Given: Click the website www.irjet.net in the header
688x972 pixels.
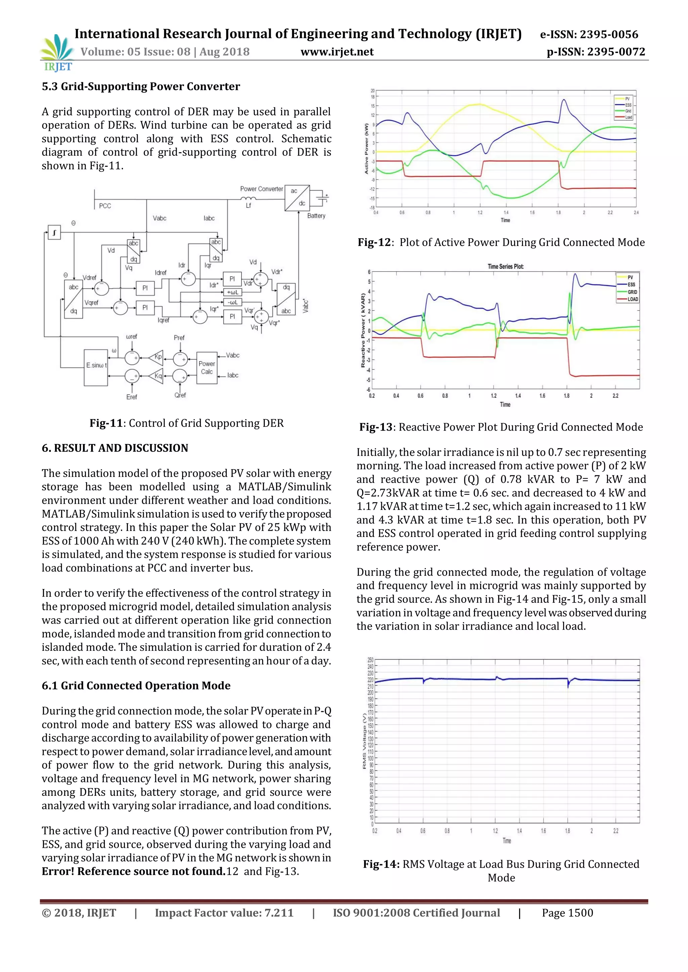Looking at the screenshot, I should point(337,52).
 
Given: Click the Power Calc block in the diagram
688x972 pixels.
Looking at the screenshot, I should point(207,368).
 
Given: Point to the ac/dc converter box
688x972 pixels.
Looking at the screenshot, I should point(297,197).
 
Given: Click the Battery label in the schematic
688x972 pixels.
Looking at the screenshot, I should point(316,215).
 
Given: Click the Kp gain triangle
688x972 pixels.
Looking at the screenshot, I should point(157,357).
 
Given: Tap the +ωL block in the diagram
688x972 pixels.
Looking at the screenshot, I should point(232,292).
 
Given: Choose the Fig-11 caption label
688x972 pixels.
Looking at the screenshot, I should point(106,423).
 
